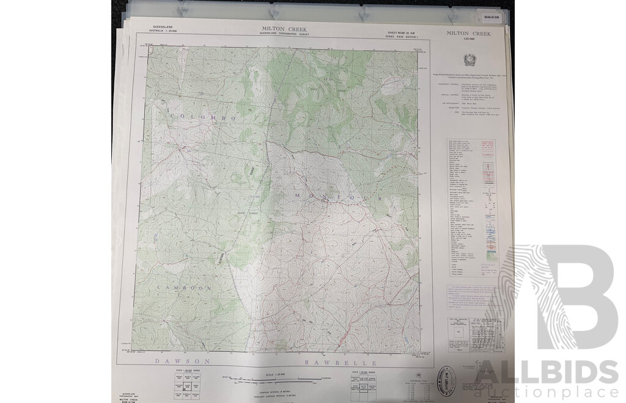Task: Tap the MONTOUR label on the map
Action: coord(338,197)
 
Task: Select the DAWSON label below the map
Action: coord(183,361)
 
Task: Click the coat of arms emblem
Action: coord(470,60)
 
